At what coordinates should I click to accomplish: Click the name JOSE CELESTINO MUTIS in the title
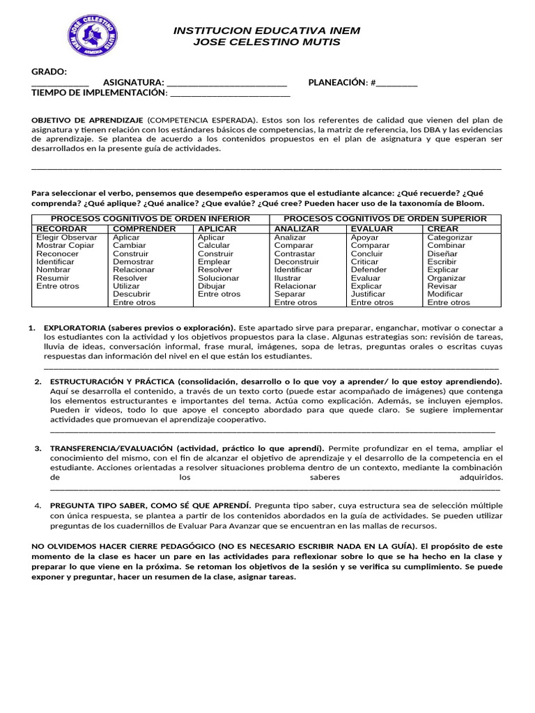[x=267, y=42]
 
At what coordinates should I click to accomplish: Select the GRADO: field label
[x=49, y=72]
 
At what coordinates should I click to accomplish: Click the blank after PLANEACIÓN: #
[x=397, y=84]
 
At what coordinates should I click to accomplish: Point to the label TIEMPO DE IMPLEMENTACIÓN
[x=99, y=93]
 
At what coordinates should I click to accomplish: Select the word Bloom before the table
[x=470, y=203]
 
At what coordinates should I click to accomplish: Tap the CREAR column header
[x=442, y=228]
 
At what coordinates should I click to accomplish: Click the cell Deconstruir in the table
[x=297, y=262]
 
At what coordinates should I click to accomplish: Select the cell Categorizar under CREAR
[x=449, y=237]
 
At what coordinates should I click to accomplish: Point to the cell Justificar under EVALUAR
[x=368, y=295]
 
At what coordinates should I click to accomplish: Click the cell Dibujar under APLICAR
[x=212, y=286]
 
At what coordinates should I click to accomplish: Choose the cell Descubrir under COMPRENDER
[x=131, y=295]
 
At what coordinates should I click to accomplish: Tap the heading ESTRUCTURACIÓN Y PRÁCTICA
[x=109, y=382]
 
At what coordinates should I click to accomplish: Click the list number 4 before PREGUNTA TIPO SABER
[x=38, y=504]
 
